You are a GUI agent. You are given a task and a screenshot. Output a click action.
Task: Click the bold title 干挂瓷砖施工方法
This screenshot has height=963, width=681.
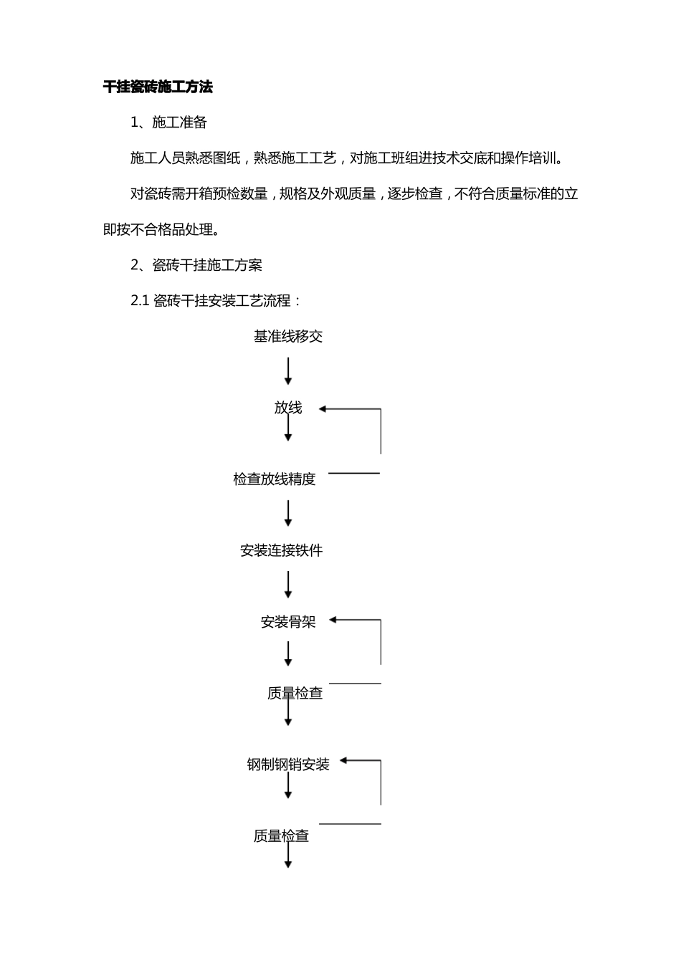click(158, 87)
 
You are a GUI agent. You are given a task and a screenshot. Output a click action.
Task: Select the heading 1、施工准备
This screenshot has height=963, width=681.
click(169, 123)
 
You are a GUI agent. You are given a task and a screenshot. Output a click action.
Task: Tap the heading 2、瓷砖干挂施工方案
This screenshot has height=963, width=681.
click(196, 265)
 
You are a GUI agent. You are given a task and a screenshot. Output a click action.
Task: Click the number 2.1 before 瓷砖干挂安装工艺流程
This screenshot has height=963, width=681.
click(140, 301)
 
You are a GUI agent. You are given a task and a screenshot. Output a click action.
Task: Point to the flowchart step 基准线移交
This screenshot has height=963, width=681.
click(288, 336)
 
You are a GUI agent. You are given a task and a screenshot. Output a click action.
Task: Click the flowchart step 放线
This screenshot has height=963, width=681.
click(288, 408)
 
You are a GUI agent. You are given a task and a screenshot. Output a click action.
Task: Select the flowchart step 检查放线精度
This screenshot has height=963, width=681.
click(275, 479)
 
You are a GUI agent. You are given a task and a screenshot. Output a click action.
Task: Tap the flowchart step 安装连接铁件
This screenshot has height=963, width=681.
click(282, 550)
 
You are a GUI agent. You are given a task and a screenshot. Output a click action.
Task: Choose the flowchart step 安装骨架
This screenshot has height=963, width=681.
click(288, 622)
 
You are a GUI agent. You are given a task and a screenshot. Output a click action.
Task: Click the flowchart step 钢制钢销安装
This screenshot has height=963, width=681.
click(288, 765)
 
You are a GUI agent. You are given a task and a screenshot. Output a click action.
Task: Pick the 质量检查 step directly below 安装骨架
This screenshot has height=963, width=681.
click(295, 693)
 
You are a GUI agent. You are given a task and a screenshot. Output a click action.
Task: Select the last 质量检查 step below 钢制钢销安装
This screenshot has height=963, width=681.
click(281, 835)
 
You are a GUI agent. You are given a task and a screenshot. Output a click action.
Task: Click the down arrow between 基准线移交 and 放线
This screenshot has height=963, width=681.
click(288, 371)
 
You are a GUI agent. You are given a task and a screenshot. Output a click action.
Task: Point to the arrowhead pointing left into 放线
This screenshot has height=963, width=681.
click(323, 409)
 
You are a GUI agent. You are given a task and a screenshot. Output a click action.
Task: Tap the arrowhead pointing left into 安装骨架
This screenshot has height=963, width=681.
click(333, 621)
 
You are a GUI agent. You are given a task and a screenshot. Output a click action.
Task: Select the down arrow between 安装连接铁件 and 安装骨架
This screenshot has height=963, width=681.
click(288, 585)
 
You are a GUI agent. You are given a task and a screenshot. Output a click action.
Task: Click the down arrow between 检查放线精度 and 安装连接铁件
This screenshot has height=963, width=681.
click(288, 514)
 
